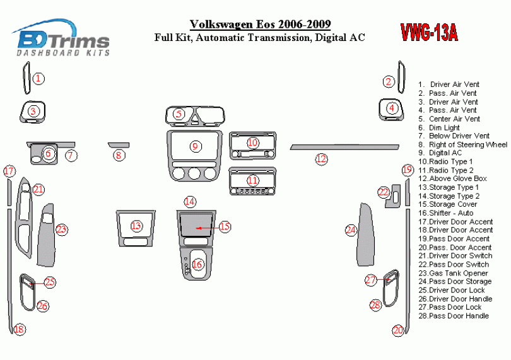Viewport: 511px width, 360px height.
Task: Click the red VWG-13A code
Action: pyautogui.click(x=428, y=32)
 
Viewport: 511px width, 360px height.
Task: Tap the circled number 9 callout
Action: pyautogui.click(x=196, y=146)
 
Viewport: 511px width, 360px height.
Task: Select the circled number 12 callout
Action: pyautogui.click(x=322, y=159)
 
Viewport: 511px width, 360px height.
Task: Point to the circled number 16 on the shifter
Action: pyautogui.click(x=197, y=265)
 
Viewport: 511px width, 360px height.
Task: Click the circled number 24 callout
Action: pyautogui.click(x=351, y=231)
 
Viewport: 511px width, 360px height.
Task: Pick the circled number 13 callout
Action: pyautogui.click(x=136, y=226)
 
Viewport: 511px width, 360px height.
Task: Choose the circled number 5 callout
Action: pyautogui.click(x=179, y=114)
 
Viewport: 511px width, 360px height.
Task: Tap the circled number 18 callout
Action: pyautogui.click(x=19, y=329)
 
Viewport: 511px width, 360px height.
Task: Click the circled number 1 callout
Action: pyautogui.click(x=39, y=79)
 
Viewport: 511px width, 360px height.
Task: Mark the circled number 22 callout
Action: pyautogui.click(x=384, y=192)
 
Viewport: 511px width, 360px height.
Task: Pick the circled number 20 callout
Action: pyautogui.click(x=397, y=330)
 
